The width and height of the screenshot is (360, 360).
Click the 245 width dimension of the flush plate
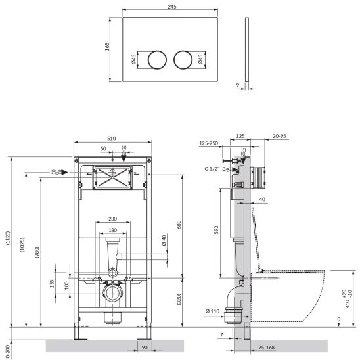coord(172,7)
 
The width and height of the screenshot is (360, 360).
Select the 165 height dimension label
coord(107,47)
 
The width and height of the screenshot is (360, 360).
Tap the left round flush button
coord(157,60)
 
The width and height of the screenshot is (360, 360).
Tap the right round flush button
coord(183,60)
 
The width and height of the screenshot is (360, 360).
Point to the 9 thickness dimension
coord(238,85)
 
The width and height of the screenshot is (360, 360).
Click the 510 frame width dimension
coord(112,139)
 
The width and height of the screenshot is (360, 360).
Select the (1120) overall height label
coord(8,238)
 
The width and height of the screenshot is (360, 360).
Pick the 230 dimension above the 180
coord(113,219)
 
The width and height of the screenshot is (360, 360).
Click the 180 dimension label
coord(113,230)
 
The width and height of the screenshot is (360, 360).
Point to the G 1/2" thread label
coord(212,169)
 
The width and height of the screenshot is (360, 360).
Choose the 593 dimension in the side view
coord(216,230)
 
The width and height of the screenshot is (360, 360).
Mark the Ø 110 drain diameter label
coord(213,311)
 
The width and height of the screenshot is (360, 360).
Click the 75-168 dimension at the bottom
coord(267,348)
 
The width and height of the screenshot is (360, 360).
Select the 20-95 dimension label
coord(279,136)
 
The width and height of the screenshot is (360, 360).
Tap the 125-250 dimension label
coord(208,143)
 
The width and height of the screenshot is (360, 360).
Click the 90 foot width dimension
coord(145,348)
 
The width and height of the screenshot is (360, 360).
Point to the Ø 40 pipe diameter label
coord(164,240)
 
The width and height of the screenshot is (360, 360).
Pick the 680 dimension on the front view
coord(179,225)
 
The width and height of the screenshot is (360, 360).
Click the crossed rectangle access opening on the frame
coord(112,177)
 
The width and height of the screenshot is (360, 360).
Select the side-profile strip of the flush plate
coord(247,49)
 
